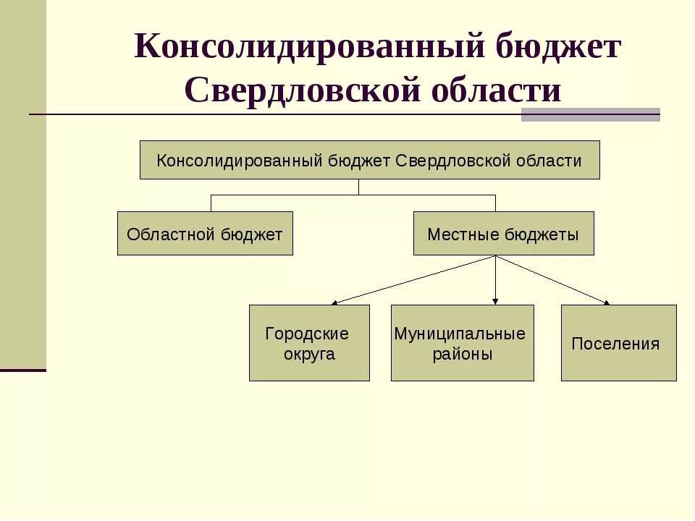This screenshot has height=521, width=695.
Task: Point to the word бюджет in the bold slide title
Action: tap(558, 48)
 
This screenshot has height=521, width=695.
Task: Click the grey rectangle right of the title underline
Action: tap(590, 114)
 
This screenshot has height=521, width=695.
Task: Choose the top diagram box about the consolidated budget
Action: tap(369, 160)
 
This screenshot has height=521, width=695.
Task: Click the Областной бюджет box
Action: tap(205, 234)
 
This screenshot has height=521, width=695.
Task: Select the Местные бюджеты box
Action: tap(503, 234)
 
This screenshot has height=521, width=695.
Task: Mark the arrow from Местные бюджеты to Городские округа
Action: tap(413, 279)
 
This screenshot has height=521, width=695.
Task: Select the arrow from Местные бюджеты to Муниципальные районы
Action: tap(495, 280)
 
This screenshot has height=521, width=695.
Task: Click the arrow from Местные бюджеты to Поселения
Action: tap(553, 280)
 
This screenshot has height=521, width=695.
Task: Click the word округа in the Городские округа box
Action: tap(309, 355)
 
